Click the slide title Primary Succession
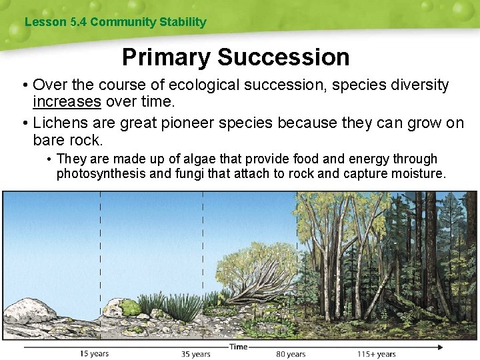[x=235, y=57]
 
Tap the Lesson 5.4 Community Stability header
[x=115, y=22]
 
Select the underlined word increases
[x=67, y=101]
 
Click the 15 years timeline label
[x=94, y=353]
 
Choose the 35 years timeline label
[x=195, y=354]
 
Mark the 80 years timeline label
[x=291, y=354]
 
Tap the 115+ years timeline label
[x=376, y=354]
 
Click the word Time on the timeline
[x=238, y=347]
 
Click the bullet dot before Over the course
[x=23, y=85]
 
